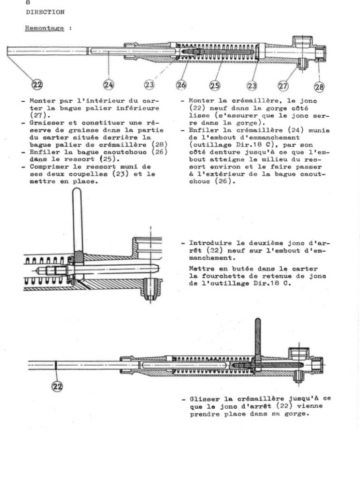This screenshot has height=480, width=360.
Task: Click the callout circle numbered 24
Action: pos(108,84)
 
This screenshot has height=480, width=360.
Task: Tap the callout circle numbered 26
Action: pos(181,85)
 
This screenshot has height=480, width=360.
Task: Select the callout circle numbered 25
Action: pos(215,85)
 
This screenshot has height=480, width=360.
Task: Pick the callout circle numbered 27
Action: pos(283,86)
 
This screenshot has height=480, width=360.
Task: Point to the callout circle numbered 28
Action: pos(319,87)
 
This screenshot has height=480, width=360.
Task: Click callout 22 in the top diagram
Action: pos(37,84)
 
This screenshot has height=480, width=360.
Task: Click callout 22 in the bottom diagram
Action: pos(57,386)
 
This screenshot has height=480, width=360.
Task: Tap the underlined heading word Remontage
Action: pos(45,28)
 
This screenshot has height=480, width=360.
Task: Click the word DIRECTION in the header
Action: pos(45,12)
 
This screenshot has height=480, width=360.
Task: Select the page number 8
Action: pos(28,2)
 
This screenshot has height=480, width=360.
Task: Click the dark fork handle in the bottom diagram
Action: pos(258,337)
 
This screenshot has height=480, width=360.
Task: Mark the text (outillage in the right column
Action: pos(206,145)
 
